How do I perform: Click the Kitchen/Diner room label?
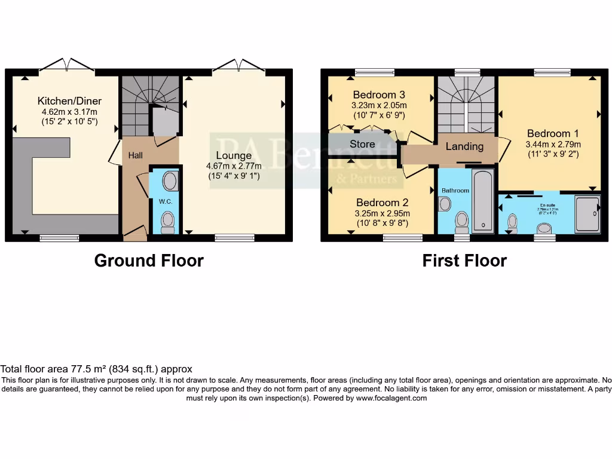point(69,100)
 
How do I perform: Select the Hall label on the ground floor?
point(136,155)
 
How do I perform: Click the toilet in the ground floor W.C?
point(168,222)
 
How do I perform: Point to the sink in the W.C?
point(170,182)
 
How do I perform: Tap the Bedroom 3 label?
point(379,94)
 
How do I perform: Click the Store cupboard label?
point(362,144)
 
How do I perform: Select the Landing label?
point(464,146)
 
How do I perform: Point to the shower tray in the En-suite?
point(586,213)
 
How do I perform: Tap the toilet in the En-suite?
point(512,222)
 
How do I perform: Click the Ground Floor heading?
point(149,261)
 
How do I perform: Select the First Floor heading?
point(464,261)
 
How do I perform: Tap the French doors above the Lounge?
point(238,65)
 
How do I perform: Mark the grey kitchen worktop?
point(36,179)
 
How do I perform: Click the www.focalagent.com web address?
point(391,398)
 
